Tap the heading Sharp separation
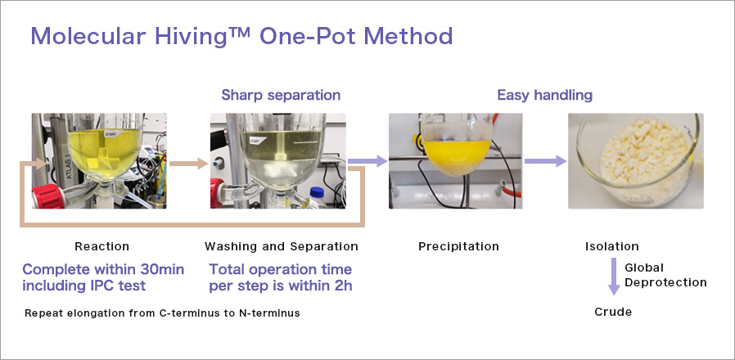click(x=281, y=95)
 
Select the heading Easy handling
click(x=544, y=95)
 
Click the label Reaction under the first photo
click(x=101, y=246)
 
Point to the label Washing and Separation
click(x=282, y=246)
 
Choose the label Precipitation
click(x=458, y=246)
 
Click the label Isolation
click(x=611, y=246)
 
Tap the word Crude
click(x=613, y=312)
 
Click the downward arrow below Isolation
click(x=614, y=276)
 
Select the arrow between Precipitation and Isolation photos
click(x=545, y=161)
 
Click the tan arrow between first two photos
click(x=188, y=164)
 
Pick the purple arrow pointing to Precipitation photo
click(x=367, y=161)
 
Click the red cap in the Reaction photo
click(x=47, y=196)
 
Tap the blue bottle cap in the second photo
click(x=318, y=192)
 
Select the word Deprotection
click(x=665, y=282)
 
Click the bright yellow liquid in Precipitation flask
click(x=456, y=155)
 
